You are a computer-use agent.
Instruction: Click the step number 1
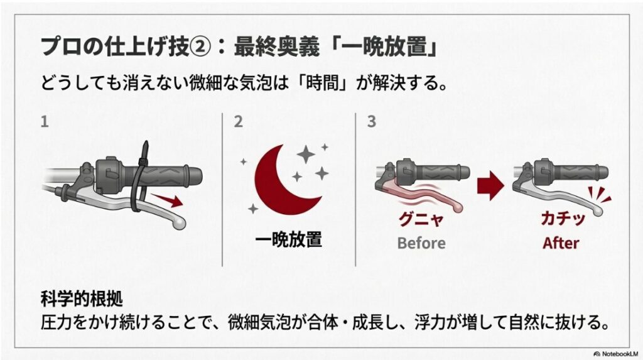45,121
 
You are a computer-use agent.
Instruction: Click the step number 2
238,121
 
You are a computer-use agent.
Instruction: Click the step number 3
372,121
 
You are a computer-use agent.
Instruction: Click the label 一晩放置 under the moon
288,239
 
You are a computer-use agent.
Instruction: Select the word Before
421,243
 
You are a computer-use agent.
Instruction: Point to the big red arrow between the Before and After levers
491,185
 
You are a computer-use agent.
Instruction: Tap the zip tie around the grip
138,179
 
